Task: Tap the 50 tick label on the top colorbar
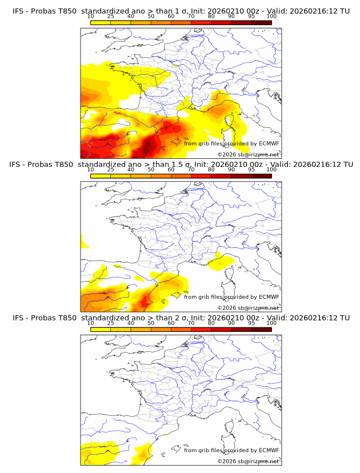pyautogui.click(x=151, y=17)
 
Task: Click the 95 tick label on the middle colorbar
pyautogui.click(x=251, y=170)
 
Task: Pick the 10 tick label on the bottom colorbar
pyautogui.click(x=91, y=323)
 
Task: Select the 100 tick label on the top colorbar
pyautogui.click(x=271, y=17)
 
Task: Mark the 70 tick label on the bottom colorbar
pyautogui.click(x=191, y=323)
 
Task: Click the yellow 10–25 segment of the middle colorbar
pyautogui.click(x=101, y=175)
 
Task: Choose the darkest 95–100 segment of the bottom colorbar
pyautogui.click(x=261, y=329)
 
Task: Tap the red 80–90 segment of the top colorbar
pyautogui.click(x=221, y=22)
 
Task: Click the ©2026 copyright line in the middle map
pyautogui.click(x=248, y=307)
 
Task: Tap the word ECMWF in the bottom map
pyautogui.click(x=269, y=450)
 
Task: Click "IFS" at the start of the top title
pyautogui.click(x=19, y=11)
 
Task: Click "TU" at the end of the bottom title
pyautogui.click(x=345, y=318)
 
